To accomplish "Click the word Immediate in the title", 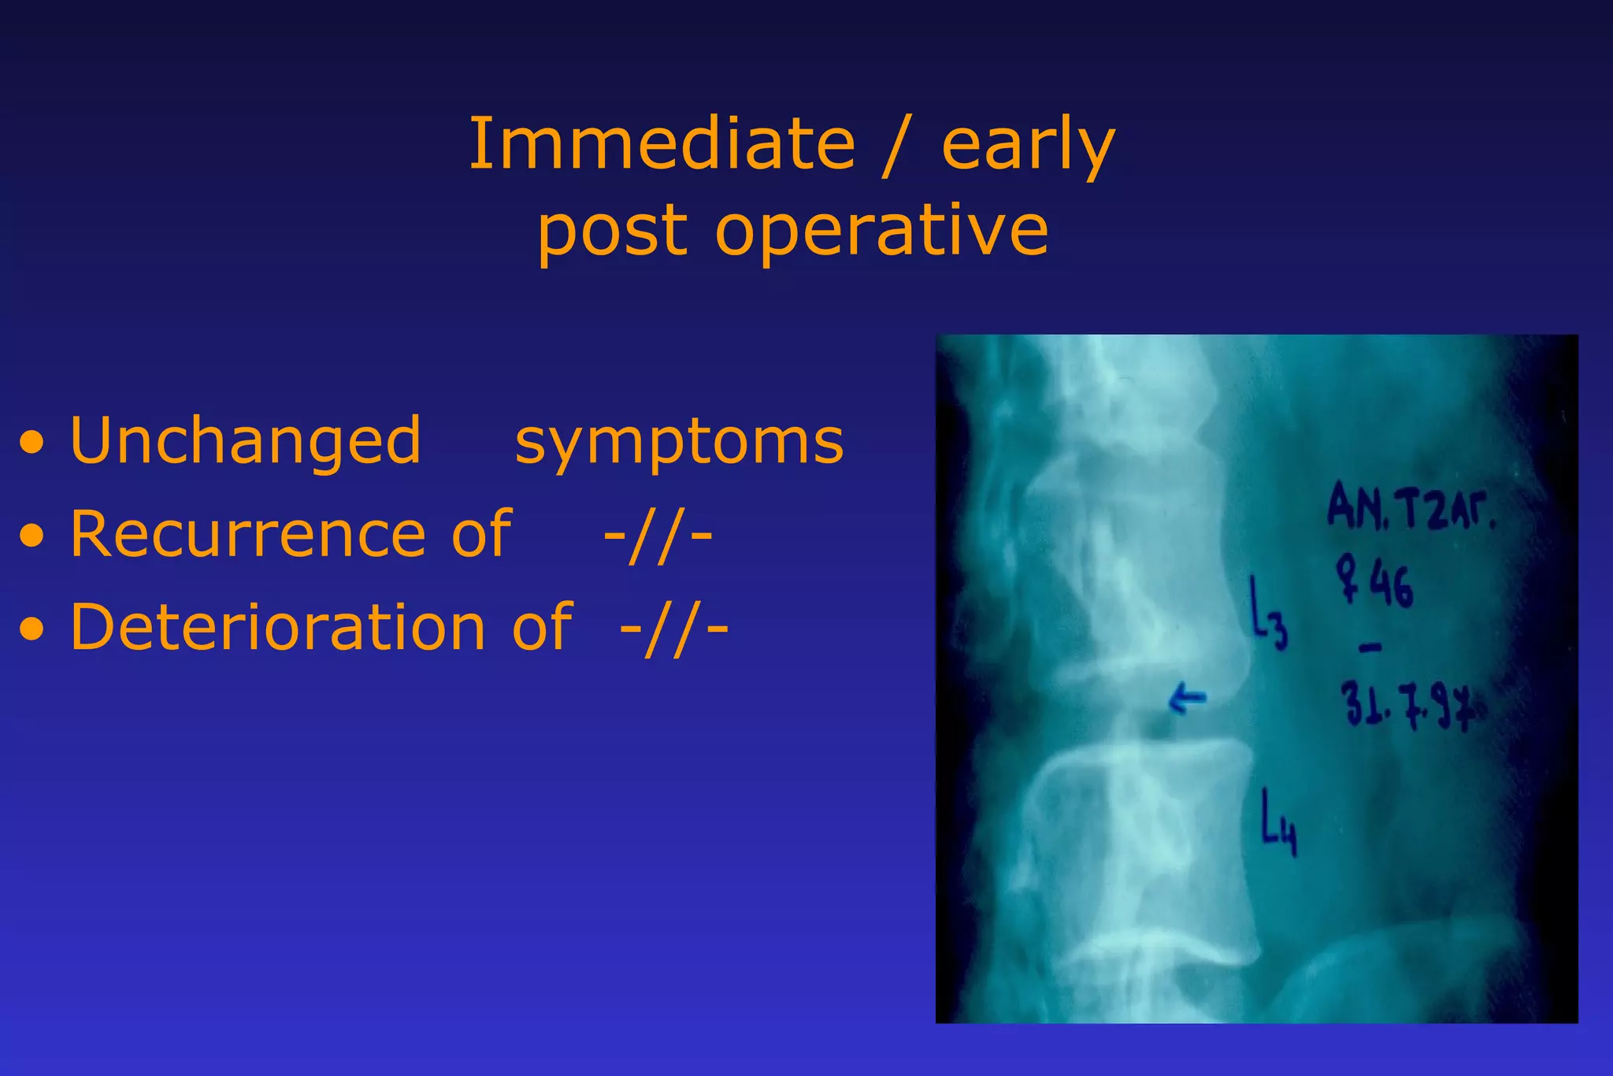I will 662,144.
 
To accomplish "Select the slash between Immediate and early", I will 896,146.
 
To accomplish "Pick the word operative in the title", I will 881,232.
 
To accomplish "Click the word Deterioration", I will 278,629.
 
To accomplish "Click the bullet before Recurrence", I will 32,537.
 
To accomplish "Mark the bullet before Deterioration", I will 32,630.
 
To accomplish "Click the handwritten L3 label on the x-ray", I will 1269,615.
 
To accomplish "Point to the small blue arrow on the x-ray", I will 1187,698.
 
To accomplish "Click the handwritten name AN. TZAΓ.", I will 1410,507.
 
